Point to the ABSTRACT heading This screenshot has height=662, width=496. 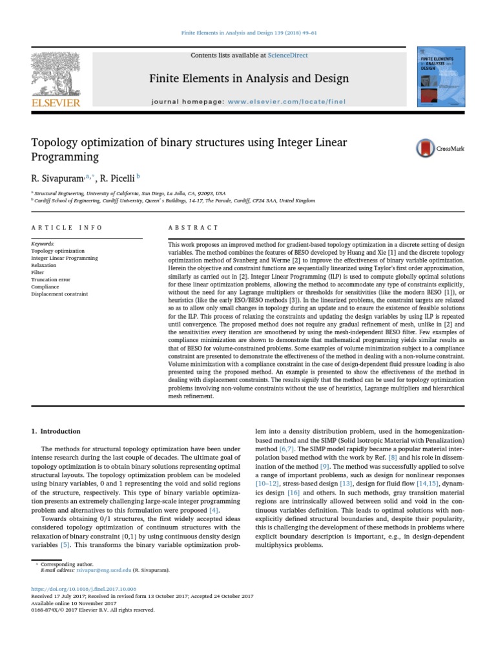(x=184, y=228)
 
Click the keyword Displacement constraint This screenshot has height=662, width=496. (x=59, y=294)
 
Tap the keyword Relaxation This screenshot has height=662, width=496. (x=44, y=265)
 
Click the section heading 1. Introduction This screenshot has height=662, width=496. (x=56, y=431)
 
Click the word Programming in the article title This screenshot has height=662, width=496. (x=65, y=157)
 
